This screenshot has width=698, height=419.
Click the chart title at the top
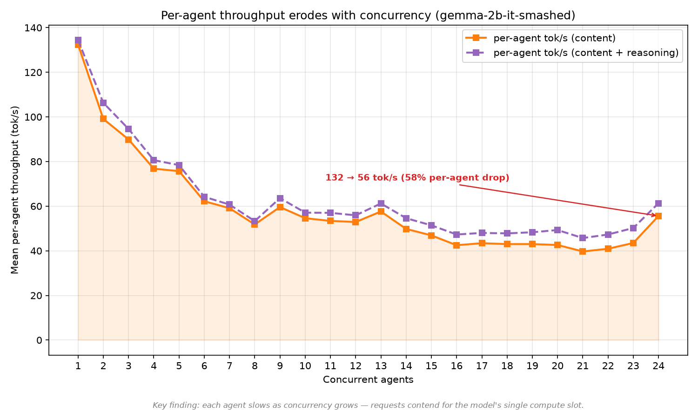pos(368,15)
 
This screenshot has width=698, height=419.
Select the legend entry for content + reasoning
pos(572,53)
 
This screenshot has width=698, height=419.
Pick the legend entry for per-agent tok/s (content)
pos(541,38)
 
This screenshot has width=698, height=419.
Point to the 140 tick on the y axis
pos(34,28)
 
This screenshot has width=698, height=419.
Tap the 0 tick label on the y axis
pos(39,340)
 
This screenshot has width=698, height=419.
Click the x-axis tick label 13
pos(381,366)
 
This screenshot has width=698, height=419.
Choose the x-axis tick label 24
pos(658,366)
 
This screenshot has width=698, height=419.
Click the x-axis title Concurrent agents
pos(368,380)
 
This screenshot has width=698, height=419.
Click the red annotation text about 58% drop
pos(417,178)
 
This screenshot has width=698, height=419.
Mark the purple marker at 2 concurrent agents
pos(103,103)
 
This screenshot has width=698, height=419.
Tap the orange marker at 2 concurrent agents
pos(103,118)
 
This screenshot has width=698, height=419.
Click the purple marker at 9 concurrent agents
pos(280,198)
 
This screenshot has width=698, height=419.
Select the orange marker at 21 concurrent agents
pos(583,251)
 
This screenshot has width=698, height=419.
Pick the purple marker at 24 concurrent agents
pos(658,203)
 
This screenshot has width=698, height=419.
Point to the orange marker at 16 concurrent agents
pos(456,245)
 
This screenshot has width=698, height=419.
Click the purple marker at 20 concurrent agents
pos(557,230)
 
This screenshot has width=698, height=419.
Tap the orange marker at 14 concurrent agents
pos(406,229)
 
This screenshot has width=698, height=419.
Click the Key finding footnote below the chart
pos(368,405)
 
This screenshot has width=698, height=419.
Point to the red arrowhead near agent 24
pos(655,215)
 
